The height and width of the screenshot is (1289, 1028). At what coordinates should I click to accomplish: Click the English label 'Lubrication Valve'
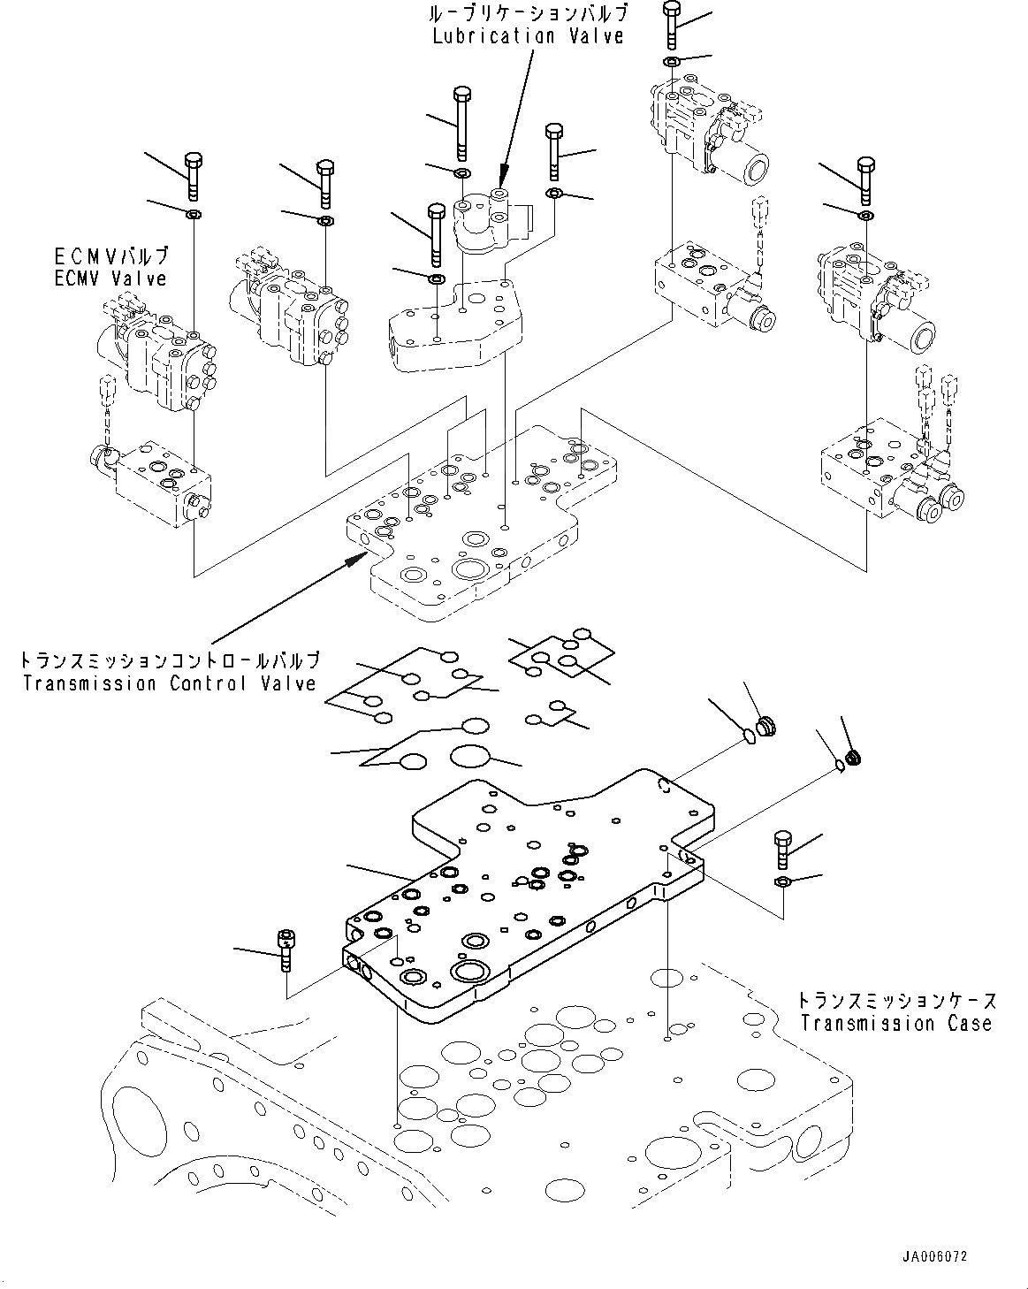[x=528, y=36]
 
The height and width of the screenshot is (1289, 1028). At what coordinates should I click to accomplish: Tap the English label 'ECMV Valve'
[x=110, y=278]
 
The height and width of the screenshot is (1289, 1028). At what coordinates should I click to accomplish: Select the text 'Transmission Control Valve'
[x=170, y=683]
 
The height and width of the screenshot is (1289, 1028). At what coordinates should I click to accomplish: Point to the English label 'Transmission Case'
[x=895, y=1024]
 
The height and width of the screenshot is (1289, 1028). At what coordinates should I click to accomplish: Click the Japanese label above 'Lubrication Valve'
[x=528, y=13]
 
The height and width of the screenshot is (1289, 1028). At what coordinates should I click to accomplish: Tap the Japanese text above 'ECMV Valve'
[x=110, y=256]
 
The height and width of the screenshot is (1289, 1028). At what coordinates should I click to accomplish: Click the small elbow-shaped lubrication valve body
[x=484, y=221]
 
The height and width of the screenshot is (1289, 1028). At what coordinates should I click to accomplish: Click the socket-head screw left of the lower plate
[x=285, y=950]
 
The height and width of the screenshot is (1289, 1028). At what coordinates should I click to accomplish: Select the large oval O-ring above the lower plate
[x=470, y=756]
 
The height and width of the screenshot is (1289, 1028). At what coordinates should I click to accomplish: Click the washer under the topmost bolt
[x=671, y=62]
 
